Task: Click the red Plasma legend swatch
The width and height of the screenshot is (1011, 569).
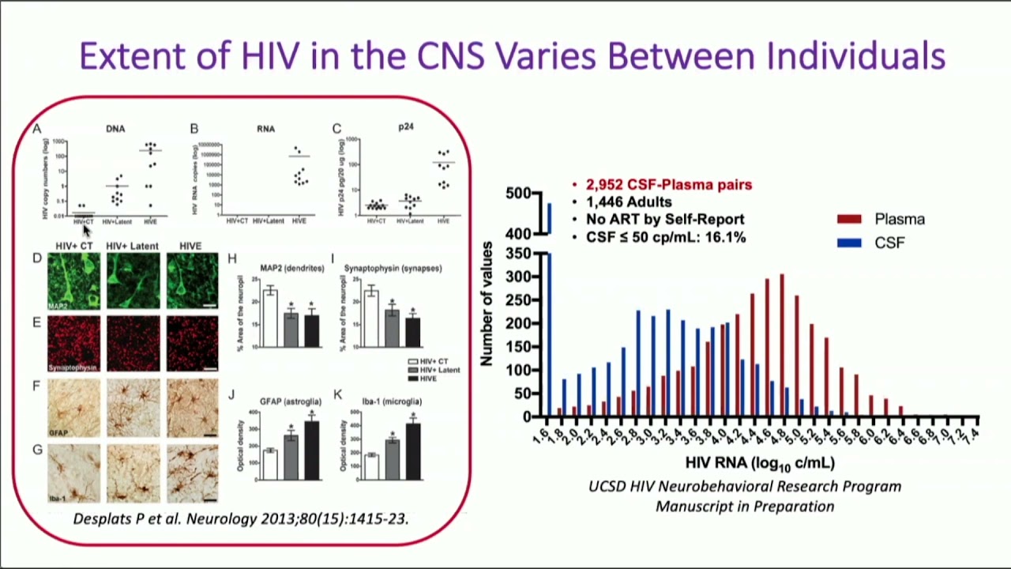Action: coord(849,219)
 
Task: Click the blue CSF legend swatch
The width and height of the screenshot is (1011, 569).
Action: coord(849,243)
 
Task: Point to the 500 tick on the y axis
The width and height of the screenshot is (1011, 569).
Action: coord(518,194)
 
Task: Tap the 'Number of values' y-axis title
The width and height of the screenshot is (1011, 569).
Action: coord(487,304)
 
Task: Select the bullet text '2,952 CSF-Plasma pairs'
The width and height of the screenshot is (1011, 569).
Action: coord(668,185)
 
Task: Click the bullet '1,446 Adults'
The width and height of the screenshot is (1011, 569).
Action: coord(628,202)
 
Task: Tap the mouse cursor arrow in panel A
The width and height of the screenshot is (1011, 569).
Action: coord(87,230)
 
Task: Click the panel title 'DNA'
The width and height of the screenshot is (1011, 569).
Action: coord(115,128)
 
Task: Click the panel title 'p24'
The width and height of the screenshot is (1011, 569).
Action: coord(405,126)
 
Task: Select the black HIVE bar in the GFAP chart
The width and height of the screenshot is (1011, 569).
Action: coord(311,450)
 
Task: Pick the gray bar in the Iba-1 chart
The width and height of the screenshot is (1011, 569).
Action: coord(392,459)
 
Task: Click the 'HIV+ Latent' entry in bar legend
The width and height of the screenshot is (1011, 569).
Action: coord(438,370)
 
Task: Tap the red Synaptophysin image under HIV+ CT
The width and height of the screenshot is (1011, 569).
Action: coord(74,344)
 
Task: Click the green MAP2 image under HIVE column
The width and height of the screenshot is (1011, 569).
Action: coord(192,281)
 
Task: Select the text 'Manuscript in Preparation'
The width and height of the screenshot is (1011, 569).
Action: coord(744,507)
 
